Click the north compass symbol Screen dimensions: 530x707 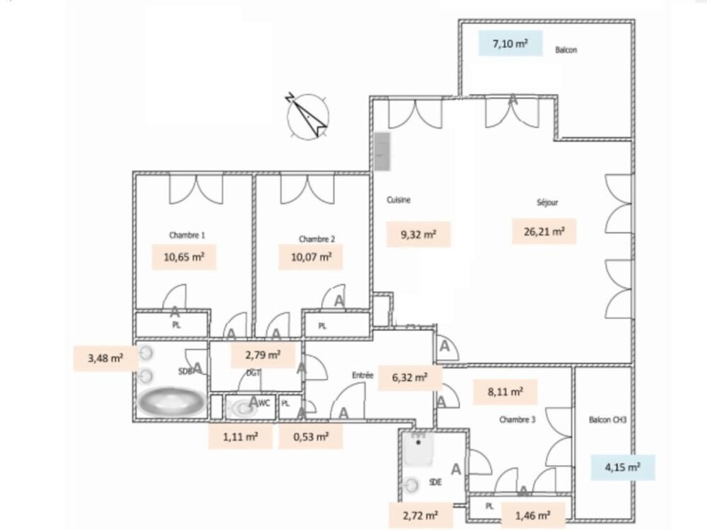click(x=308, y=115)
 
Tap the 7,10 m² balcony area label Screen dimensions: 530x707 click(x=509, y=44)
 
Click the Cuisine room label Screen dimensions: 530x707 click(x=398, y=200)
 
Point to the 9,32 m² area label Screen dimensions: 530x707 click(x=419, y=234)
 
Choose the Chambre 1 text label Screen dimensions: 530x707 click(x=187, y=235)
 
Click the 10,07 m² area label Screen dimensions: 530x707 click(x=311, y=257)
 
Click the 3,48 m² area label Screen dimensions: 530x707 click(x=105, y=358)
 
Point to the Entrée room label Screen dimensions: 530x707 click(x=363, y=377)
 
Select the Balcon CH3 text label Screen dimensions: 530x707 click(x=607, y=420)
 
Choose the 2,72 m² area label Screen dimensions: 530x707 click(x=421, y=514)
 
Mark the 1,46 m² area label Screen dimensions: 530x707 click(x=533, y=514)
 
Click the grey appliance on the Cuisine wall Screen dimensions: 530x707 click(x=382, y=152)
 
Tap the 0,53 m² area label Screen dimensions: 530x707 click(x=311, y=437)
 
